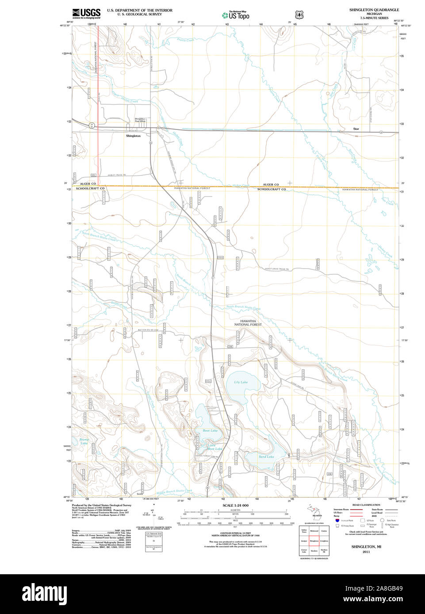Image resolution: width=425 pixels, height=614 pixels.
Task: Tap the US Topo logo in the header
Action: click(x=236, y=15)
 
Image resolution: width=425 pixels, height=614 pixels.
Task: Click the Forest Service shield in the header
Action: click(x=299, y=15)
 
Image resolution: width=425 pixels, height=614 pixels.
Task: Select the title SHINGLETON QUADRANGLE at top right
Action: click(x=374, y=10)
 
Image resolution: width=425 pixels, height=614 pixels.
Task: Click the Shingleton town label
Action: click(x=133, y=136)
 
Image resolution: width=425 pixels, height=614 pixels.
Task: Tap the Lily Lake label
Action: click(x=241, y=382)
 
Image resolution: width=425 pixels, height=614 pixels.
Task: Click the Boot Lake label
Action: click(x=210, y=430)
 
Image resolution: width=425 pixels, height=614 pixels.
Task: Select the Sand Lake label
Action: click(x=266, y=457)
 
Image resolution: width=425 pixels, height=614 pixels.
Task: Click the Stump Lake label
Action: click(x=84, y=441)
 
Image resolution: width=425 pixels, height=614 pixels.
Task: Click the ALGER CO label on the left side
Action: click(x=88, y=183)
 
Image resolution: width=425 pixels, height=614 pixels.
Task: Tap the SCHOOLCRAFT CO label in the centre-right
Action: click(x=272, y=189)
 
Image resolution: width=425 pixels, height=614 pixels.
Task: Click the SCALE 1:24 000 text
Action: click(x=235, y=505)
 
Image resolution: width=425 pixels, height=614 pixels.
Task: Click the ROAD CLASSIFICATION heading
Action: click(x=366, y=505)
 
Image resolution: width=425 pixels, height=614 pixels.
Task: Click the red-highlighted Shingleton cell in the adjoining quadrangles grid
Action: click(x=314, y=541)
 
